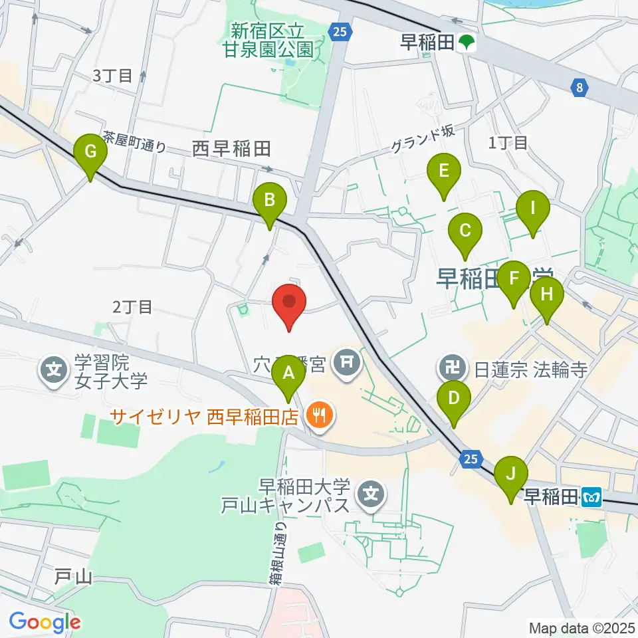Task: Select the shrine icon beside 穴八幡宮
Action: tap(346, 363)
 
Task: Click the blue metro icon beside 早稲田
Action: tap(591, 495)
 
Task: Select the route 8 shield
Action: tap(579, 86)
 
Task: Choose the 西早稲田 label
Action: tap(231, 149)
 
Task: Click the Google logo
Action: tap(45, 622)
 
